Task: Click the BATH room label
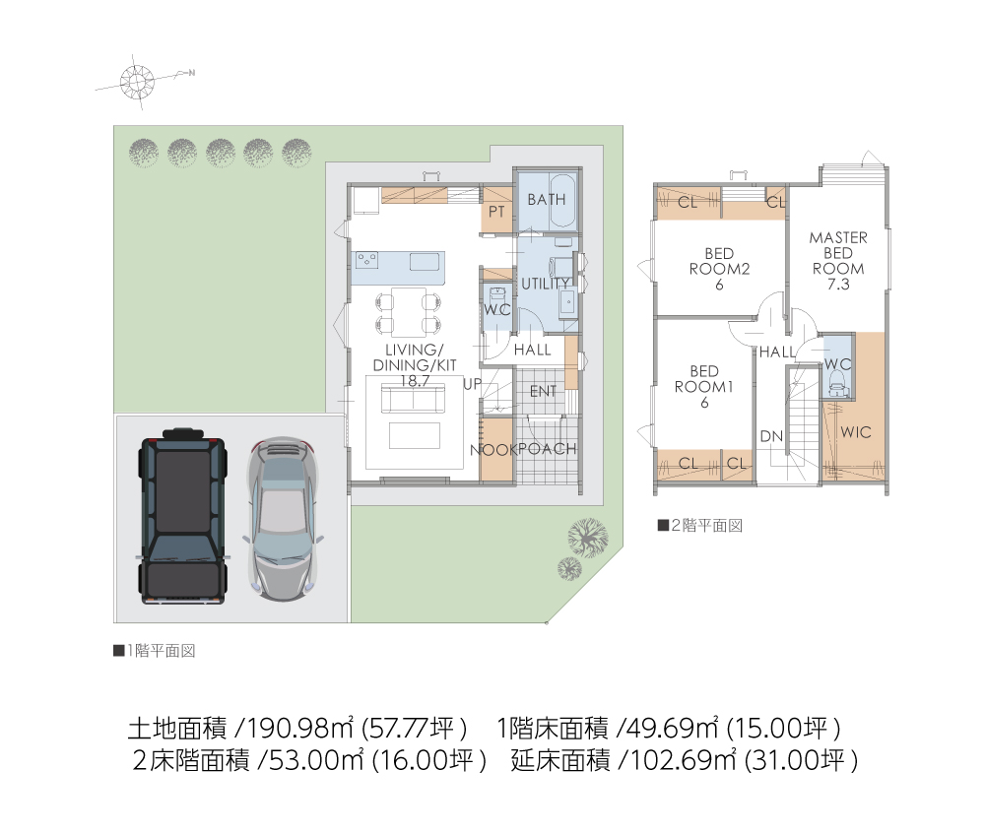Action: pyautogui.click(x=546, y=200)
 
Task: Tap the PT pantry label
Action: pyautogui.click(x=496, y=212)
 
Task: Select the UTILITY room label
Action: pyautogui.click(x=546, y=284)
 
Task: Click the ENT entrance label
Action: pyautogui.click(x=543, y=392)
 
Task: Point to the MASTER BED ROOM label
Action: pyautogui.click(x=838, y=261)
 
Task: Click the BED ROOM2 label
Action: pyautogui.click(x=719, y=269)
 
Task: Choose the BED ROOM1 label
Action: pyautogui.click(x=703, y=387)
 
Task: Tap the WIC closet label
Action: pyautogui.click(x=856, y=432)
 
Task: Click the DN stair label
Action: pyautogui.click(x=771, y=436)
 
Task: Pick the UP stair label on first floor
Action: pyautogui.click(x=473, y=384)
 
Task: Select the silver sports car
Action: pyautogui.click(x=283, y=519)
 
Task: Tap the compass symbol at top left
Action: pyautogui.click(x=137, y=82)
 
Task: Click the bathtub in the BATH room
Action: pyautogui.click(x=562, y=202)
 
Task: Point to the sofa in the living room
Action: pyautogui.click(x=414, y=400)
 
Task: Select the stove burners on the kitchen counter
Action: pyautogui.click(x=366, y=260)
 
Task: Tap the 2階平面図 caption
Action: pyautogui.click(x=700, y=525)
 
